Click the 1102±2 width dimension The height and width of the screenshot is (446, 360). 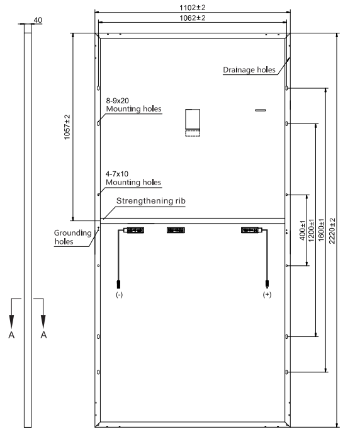193,8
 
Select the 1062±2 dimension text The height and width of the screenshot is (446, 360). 193,18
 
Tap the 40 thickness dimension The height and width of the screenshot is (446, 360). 38,20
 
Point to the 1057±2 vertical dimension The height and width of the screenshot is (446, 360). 67,127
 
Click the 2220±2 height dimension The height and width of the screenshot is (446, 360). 332,231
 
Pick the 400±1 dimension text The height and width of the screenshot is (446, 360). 302,231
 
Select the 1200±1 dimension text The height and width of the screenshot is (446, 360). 312,231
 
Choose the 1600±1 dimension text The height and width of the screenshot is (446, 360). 321,231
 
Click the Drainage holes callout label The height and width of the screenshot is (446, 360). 249,70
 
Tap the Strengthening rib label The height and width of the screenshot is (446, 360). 151,201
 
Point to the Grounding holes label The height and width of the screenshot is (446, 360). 72,237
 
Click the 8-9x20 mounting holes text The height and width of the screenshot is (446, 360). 133,105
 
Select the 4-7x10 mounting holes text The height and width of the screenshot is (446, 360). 133,178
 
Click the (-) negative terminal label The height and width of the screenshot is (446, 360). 120,295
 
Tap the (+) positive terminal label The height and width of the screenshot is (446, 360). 267,294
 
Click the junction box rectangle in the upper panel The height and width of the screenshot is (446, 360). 193,119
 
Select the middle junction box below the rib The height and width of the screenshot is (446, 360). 176,230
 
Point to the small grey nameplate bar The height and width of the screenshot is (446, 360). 261,110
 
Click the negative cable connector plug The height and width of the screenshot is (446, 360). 119,285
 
